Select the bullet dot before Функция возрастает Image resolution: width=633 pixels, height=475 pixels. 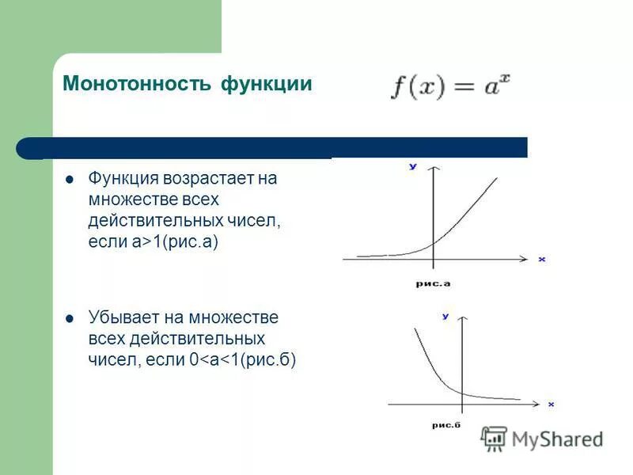(x=70, y=179)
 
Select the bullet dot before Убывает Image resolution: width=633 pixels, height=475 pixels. (x=70, y=318)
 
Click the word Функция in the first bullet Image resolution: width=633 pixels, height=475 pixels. (x=123, y=179)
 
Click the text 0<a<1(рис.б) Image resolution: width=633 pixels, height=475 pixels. (x=243, y=361)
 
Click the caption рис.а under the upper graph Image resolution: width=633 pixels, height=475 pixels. (x=433, y=283)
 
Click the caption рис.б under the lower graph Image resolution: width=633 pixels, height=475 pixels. (x=446, y=425)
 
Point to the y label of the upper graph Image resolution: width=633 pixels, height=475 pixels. (x=413, y=167)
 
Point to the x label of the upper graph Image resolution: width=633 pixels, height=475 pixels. (x=542, y=260)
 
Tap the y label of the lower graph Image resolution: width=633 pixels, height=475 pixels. (x=445, y=317)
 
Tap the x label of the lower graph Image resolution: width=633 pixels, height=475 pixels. (x=551, y=405)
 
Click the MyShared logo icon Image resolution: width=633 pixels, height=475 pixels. (x=495, y=438)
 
